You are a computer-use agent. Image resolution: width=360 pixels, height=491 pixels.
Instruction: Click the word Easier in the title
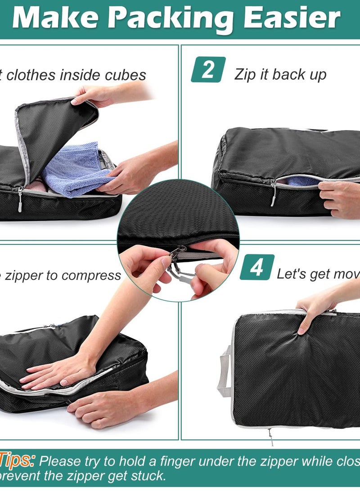click(292, 19)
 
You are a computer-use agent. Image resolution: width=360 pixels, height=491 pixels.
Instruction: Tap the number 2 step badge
click(208, 70)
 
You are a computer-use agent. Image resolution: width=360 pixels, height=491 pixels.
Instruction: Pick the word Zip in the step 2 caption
click(245, 75)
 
